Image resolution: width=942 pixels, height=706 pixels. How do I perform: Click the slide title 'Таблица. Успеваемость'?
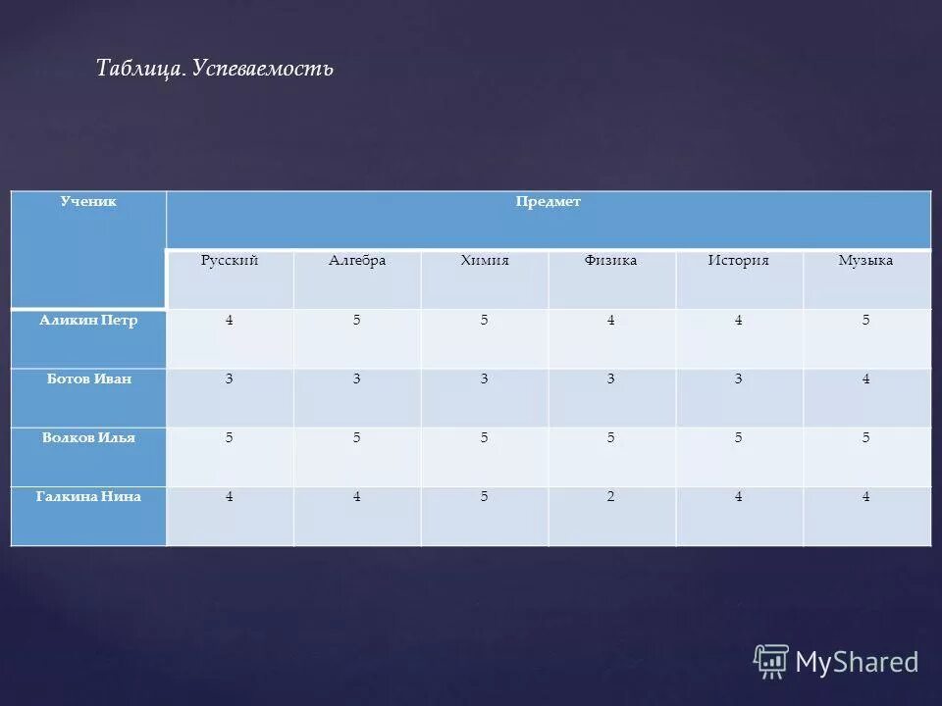point(215,68)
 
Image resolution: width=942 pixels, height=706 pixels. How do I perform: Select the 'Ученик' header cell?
point(88,201)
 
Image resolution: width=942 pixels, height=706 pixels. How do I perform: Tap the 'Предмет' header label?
point(549,201)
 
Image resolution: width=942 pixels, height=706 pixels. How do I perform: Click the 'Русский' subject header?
point(230,260)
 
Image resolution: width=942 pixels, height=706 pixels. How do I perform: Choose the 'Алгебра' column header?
point(357,260)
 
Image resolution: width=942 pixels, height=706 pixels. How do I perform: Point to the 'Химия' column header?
point(485,260)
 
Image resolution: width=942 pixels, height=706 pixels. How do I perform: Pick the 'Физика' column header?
point(610,260)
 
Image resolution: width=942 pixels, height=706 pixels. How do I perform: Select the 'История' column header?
point(739,260)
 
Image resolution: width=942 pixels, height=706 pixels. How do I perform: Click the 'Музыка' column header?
point(865,260)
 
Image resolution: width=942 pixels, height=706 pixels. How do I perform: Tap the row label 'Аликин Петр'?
point(88,320)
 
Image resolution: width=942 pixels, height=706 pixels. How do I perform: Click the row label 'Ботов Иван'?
point(88,378)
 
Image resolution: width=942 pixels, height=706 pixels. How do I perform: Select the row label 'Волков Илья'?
point(88,437)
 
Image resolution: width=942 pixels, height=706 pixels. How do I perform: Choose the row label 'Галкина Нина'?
point(88,496)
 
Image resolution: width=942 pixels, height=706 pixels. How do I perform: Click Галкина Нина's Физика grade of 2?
point(610,496)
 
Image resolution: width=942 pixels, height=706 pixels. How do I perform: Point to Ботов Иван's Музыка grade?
point(865,378)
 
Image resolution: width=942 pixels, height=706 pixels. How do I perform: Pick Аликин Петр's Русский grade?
point(230,320)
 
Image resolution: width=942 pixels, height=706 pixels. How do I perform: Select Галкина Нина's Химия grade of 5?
point(485,496)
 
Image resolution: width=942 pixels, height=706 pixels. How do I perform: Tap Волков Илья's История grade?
point(739,437)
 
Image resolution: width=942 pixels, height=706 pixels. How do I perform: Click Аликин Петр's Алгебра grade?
point(357,320)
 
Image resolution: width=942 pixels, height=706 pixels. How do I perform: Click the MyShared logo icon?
point(771,662)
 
